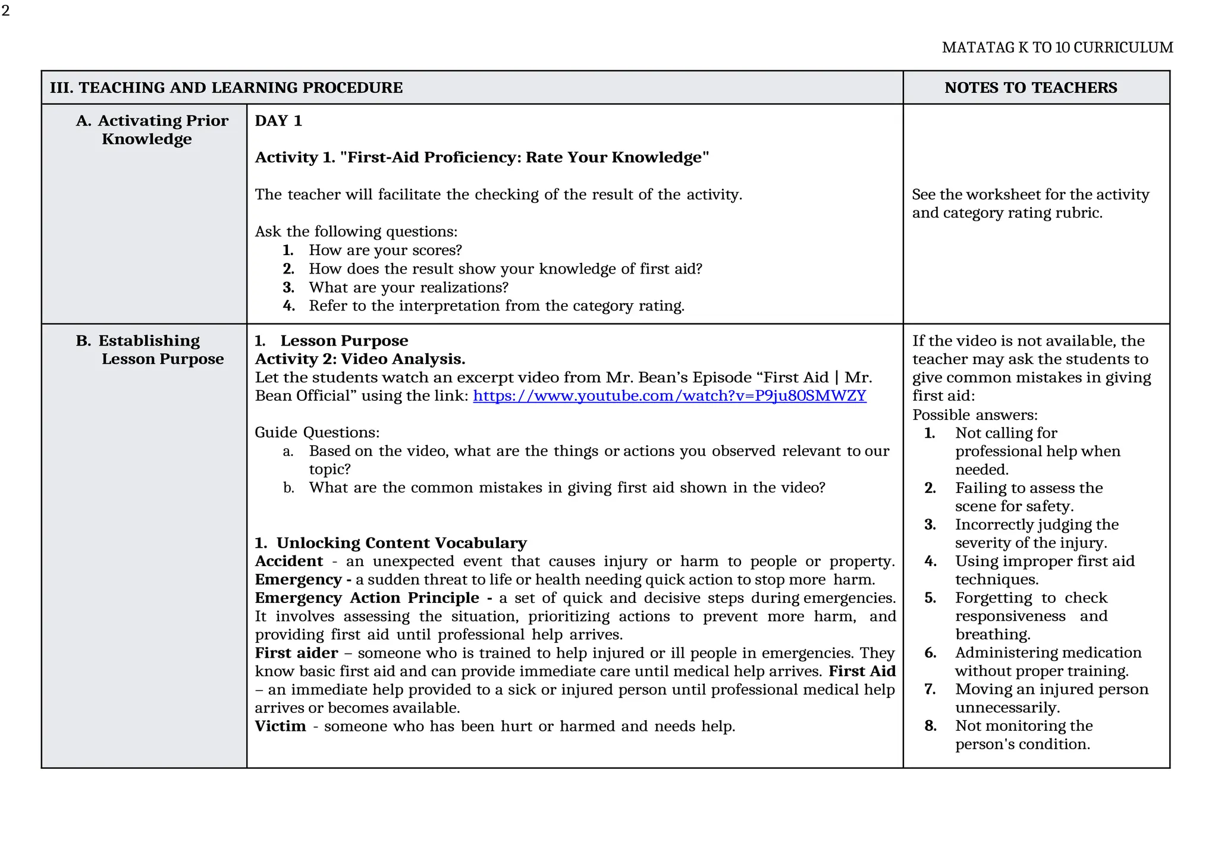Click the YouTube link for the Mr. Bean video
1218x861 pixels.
coord(669,396)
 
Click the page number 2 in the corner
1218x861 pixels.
coord(6,11)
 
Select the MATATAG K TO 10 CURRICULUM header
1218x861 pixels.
coord(1057,48)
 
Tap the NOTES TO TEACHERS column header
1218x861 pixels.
coord(1030,88)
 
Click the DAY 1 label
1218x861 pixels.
coord(278,121)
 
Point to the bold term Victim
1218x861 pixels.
coord(280,727)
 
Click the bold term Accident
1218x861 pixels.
coord(289,561)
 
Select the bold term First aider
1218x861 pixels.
coord(296,653)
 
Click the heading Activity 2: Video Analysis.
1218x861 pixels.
coord(360,359)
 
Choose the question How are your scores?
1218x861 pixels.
coord(385,250)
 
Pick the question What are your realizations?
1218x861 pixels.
coord(408,288)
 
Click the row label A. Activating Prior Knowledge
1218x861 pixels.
coord(152,130)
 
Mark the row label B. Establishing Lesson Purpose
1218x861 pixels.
coord(150,350)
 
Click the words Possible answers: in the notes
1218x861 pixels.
coord(974,415)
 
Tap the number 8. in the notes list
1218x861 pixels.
coord(930,726)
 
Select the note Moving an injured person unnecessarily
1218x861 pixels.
coord(1051,699)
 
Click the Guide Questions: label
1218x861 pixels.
coord(316,432)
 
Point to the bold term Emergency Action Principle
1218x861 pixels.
coord(367,598)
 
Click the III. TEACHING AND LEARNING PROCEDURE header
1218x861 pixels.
coord(226,88)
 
